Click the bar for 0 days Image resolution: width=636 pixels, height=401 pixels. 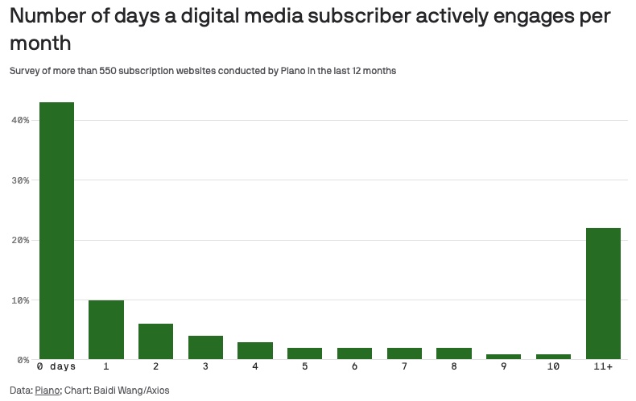point(56,231)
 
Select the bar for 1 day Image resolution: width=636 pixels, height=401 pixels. point(106,329)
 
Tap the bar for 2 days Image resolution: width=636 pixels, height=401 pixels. point(155,341)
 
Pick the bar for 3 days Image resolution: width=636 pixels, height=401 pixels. point(205,347)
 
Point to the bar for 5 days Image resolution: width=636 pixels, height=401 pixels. point(305,353)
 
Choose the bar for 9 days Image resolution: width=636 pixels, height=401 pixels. point(504,356)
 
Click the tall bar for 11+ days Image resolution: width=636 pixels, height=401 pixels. point(603,293)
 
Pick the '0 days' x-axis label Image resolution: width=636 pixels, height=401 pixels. point(56,367)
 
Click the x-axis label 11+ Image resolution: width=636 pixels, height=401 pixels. point(603,367)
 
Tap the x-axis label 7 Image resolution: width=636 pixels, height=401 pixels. point(404,367)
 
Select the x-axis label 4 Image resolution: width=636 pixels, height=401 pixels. point(255,367)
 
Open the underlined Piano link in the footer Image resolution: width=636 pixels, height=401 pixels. point(47,391)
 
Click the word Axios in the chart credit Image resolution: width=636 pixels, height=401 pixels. point(156,391)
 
